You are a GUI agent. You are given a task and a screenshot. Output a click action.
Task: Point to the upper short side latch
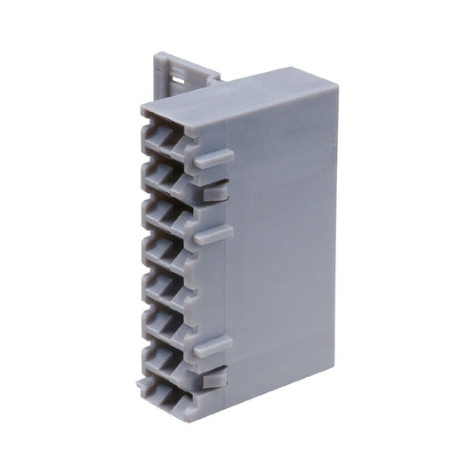click(216, 190)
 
